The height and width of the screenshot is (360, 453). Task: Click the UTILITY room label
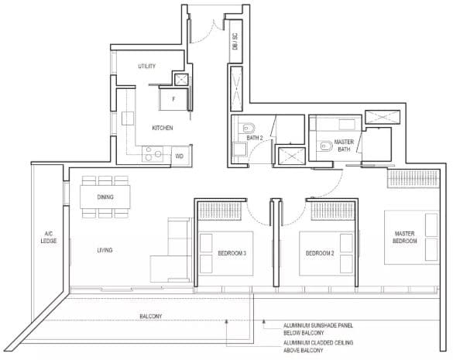[x=147, y=66]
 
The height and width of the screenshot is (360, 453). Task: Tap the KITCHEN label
[x=163, y=128]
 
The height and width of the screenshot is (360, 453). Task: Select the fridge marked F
[x=173, y=99]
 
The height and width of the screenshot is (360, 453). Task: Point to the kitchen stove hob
[x=153, y=154]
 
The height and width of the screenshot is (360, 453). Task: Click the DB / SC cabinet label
[x=235, y=41]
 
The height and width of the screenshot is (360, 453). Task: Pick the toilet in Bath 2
[x=248, y=127]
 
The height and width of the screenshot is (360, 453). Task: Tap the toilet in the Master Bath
[x=325, y=146]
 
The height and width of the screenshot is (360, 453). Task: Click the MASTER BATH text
[x=344, y=146]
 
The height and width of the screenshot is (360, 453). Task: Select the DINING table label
[x=105, y=197]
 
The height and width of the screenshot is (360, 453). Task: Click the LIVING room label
[x=105, y=250]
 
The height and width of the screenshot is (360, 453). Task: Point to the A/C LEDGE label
[x=49, y=237]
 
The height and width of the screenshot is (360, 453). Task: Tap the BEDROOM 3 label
[x=232, y=253]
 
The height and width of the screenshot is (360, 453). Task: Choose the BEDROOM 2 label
[x=320, y=253]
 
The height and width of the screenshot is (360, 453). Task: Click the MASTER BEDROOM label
[x=404, y=237]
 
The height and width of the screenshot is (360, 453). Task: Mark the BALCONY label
[x=151, y=317]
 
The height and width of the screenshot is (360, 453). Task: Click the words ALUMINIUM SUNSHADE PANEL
[x=318, y=326]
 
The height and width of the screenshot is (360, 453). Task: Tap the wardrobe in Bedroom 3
[x=220, y=211]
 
